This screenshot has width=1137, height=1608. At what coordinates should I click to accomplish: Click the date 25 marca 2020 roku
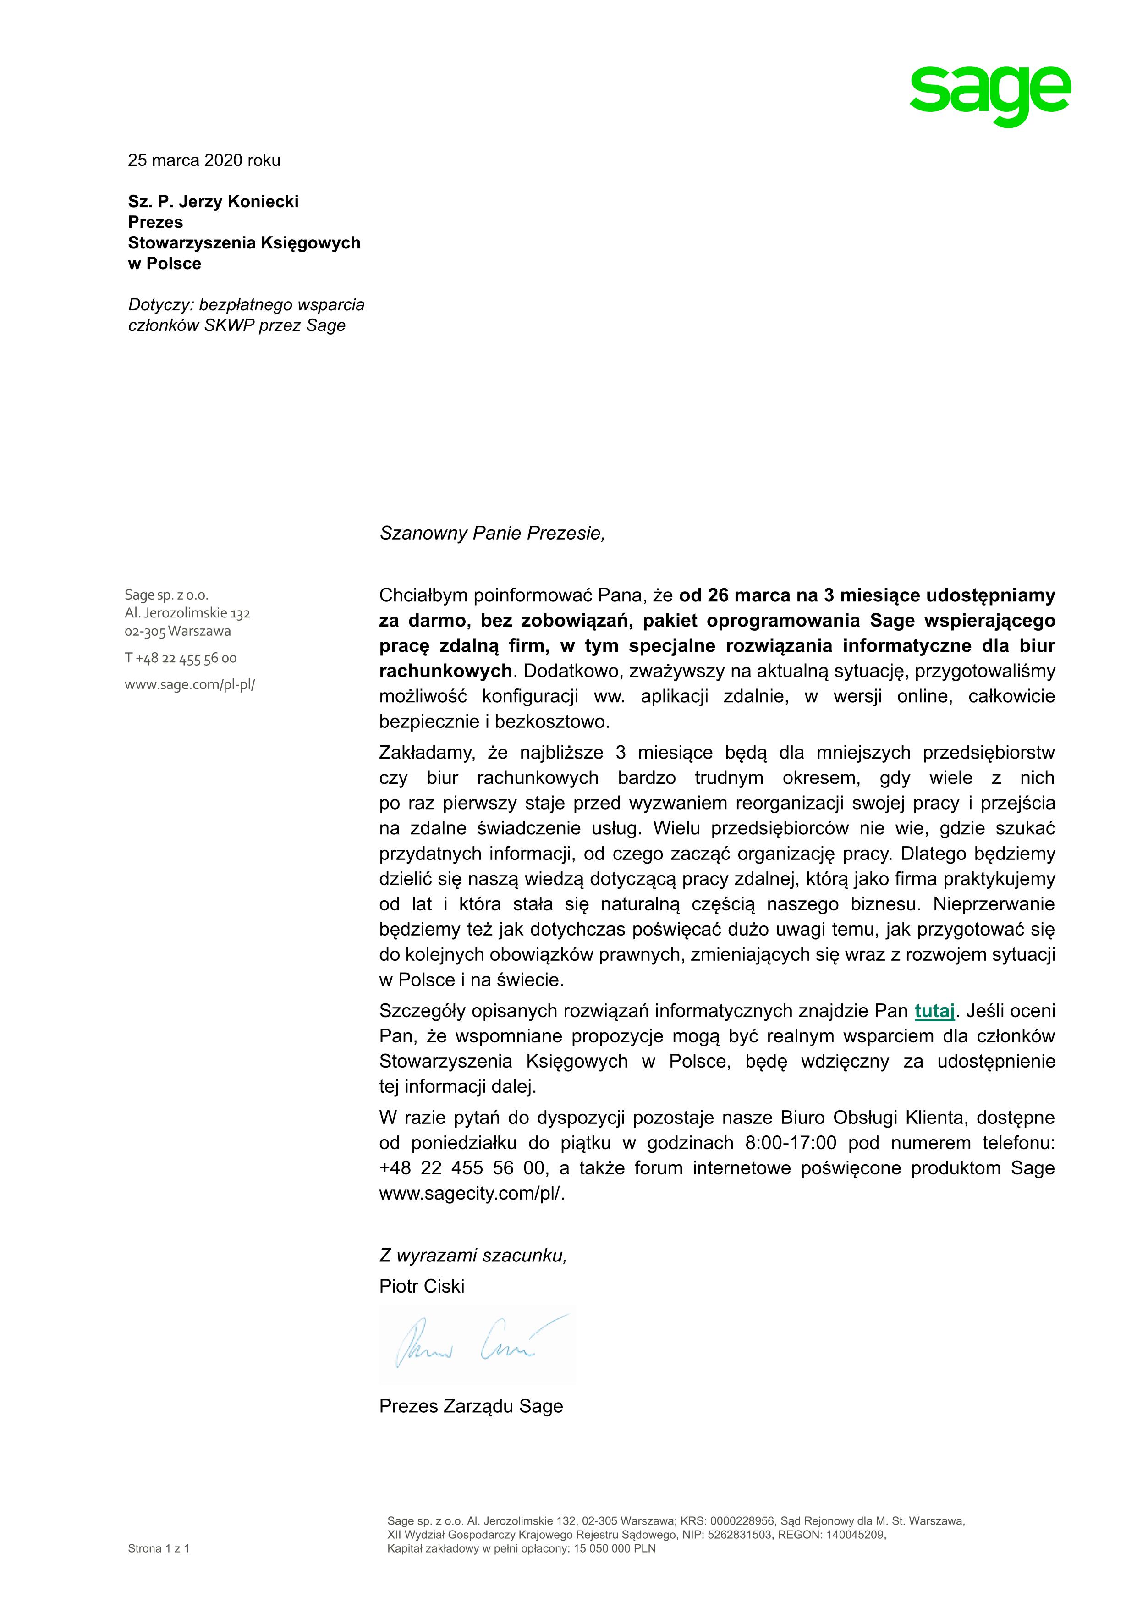(204, 160)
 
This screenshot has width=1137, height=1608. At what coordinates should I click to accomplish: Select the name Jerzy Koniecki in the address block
(239, 202)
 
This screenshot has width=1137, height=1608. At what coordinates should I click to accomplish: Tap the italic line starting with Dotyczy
(246, 305)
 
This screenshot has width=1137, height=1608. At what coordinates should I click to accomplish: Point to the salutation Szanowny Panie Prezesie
(491, 534)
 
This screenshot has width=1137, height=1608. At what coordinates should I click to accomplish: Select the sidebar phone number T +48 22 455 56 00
(181, 658)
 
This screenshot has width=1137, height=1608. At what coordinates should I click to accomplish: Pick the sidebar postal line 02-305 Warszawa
(178, 631)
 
